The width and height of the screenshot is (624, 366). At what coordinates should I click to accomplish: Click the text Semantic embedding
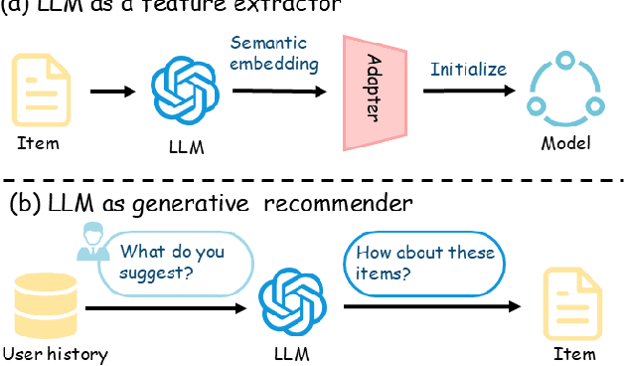pos(274,54)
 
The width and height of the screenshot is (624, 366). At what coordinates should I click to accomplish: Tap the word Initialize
pos(467,71)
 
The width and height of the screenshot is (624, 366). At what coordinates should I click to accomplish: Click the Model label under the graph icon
pos(565,143)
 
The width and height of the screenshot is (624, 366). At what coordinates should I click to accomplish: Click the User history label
pos(55,354)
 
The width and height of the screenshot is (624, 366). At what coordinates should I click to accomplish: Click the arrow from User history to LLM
pos(165,307)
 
